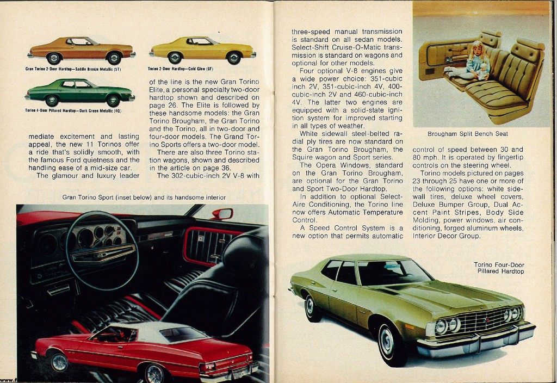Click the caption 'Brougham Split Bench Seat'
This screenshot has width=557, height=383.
(x=471, y=133)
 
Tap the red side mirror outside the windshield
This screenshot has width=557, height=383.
(x=222, y=214)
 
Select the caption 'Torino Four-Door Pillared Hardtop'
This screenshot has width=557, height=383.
(x=499, y=268)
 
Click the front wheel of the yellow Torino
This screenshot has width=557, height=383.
(x=175, y=58)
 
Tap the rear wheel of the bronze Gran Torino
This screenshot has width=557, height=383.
(x=54, y=58)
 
